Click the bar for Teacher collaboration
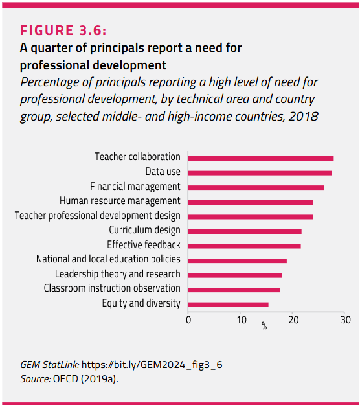point(261,158)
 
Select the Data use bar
point(260,173)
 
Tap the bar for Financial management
point(256,187)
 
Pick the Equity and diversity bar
point(228,305)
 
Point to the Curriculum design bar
point(245,231)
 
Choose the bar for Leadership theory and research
point(234,275)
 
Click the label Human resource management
point(120,201)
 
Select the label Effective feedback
point(144,244)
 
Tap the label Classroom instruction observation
point(112,288)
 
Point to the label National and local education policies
point(108,259)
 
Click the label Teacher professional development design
point(98,216)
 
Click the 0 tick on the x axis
point(188,320)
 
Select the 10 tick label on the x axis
point(242,320)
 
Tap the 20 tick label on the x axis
point(294,320)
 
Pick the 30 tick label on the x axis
point(346,320)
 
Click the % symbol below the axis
point(264,326)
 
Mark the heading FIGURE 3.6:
point(63,30)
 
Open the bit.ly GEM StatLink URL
point(152,365)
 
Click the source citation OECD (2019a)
point(85,379)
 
